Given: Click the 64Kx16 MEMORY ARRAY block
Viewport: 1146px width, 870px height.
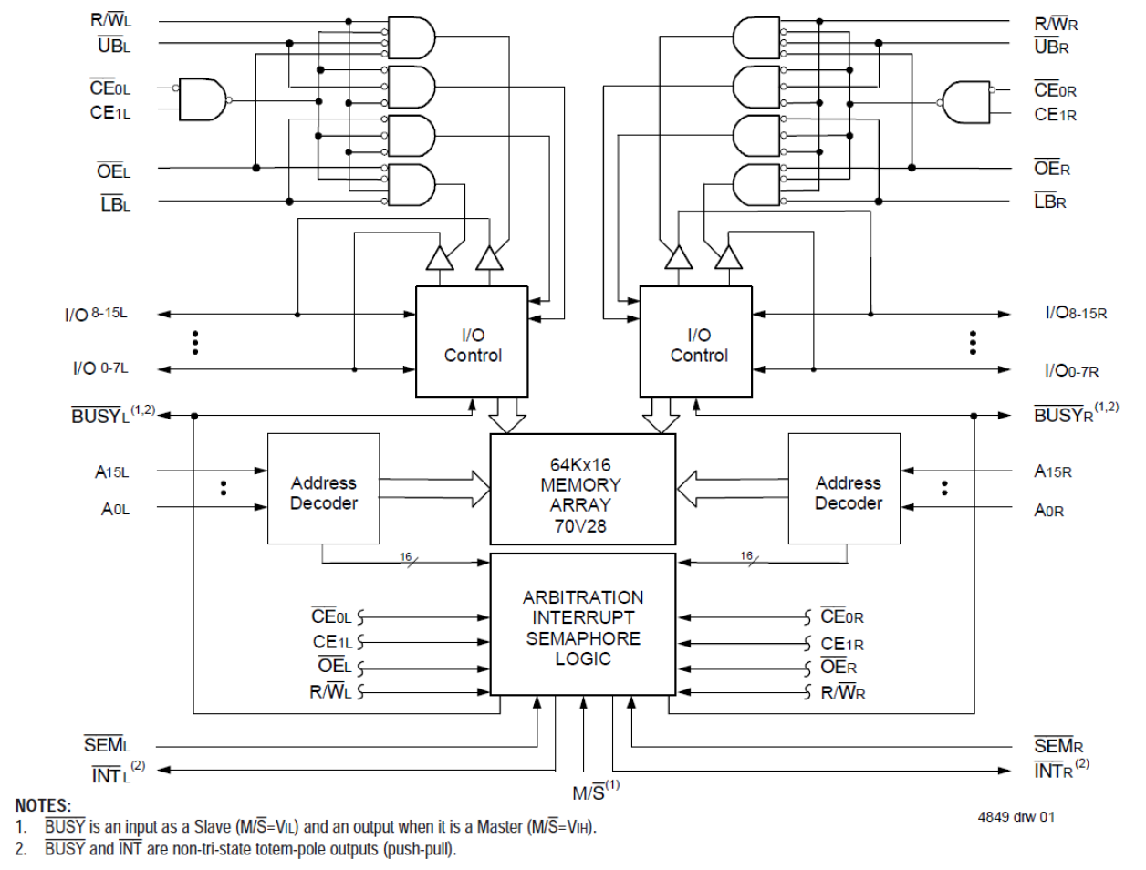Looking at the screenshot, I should (x=582, y=489).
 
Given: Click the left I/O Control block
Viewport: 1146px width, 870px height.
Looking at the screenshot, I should (x=472, y=342).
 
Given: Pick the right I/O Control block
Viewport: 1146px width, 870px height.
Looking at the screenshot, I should (x=696, y=342).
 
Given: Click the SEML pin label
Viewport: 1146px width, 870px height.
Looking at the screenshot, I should (x=107, y=745).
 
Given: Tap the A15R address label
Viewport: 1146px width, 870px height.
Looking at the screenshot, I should (x=1052, y=471).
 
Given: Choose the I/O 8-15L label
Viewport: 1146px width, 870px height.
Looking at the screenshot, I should (x=96, y=315).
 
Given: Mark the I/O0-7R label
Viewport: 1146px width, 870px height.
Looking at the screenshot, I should (x=1071, y=370).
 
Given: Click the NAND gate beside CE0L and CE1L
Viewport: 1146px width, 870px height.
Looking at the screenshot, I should (x=203, y=99).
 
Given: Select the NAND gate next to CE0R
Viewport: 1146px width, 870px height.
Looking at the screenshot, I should (x=966, y=101).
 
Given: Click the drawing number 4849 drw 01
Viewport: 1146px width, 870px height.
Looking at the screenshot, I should (x=1016, y=816).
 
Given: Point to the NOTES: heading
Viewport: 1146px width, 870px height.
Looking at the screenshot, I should (x=43, y=805).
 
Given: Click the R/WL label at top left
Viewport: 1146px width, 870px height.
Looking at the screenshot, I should (x=110, y=20).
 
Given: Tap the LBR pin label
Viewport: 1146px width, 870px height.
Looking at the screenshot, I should (x=1049, y=202).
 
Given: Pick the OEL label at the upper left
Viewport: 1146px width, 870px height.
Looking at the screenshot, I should (x=113, y=171).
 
